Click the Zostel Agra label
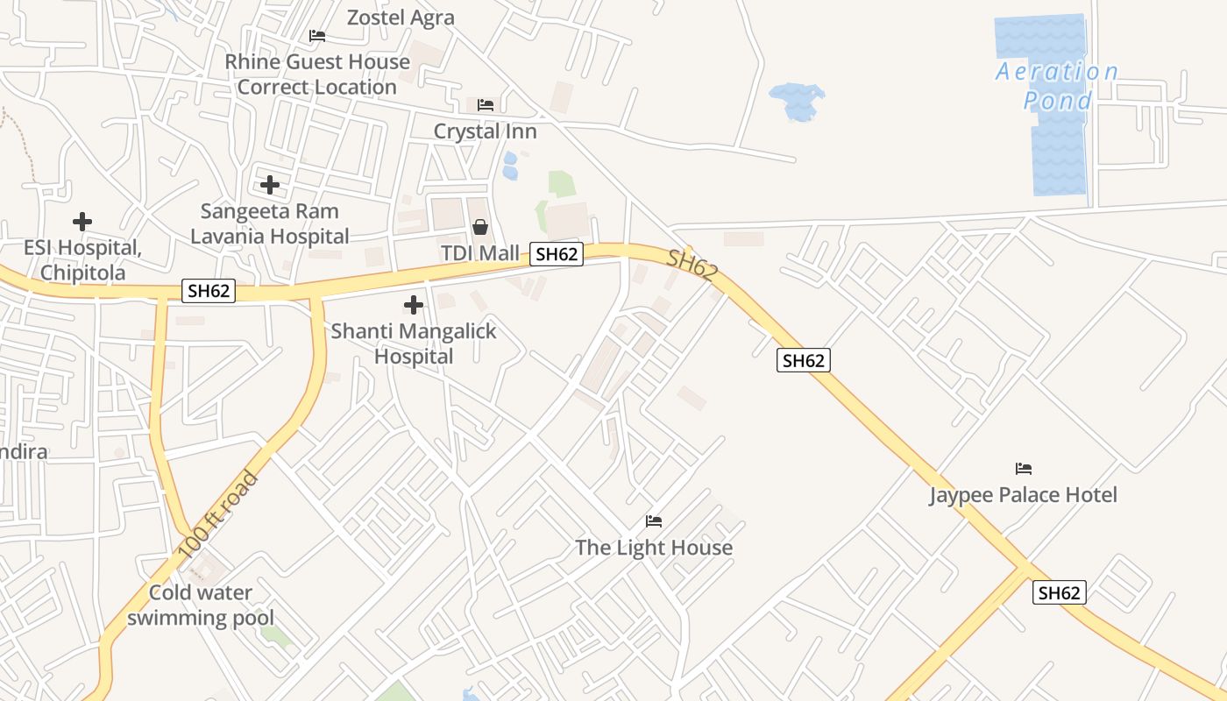[401, 18]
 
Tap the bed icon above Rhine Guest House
[317, 36]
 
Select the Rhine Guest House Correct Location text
[317, 74]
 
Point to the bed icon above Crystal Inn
[486, 105]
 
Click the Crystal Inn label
[486, 131]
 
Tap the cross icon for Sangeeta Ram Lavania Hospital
[270, 185]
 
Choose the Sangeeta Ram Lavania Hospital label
[270, 223]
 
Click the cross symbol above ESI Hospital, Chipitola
[82, 222]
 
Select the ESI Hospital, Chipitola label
[82, 260]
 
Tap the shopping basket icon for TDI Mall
[480, 227]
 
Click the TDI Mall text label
[479, 253]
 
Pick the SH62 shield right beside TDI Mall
[557, 254]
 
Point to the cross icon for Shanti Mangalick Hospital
[414, 305]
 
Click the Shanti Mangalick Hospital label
[414, 343]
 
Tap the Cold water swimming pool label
[201, 605]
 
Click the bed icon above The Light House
[654, 521]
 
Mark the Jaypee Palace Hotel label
[1023, 495]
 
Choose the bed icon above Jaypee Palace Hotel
[1023, 469]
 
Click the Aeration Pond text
[1058, 86]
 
